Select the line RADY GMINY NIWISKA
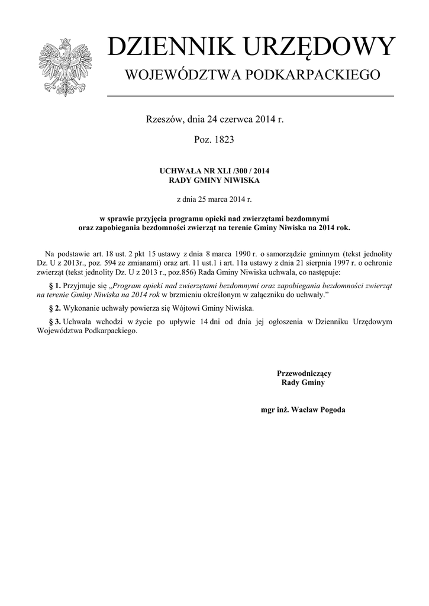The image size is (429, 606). point(214,180)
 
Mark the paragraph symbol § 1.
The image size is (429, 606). point(54,285)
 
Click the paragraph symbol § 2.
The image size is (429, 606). point(54,308)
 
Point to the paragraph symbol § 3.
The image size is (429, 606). point(54,321)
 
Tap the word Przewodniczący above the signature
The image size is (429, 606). point(304,373)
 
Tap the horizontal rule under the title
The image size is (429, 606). point(250,96)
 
